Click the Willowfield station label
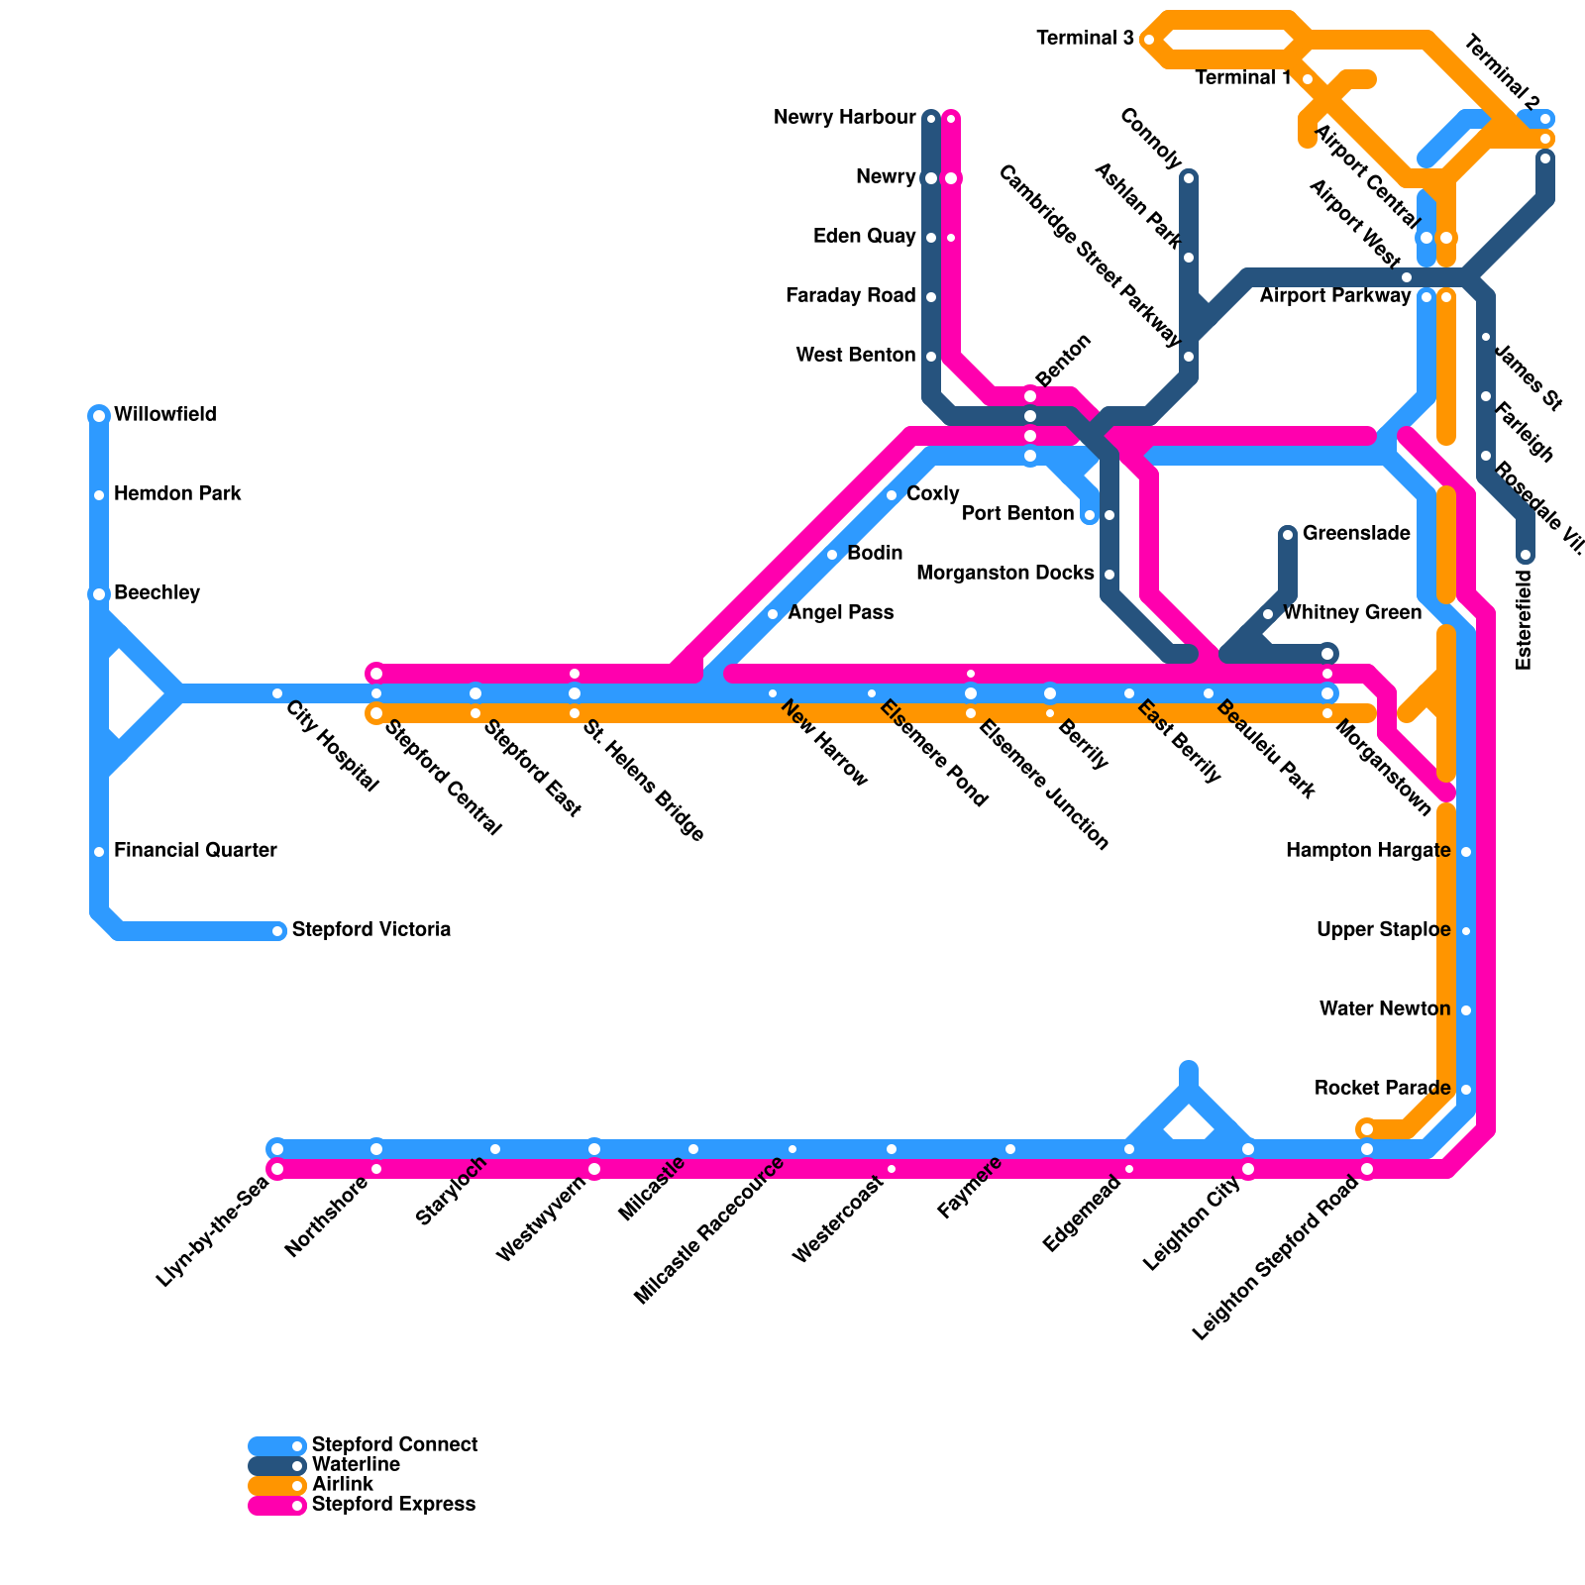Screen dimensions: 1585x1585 coord(164,414)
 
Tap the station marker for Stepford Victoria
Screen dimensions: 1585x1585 coord(277,931)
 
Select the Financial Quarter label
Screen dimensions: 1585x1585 coord(195,850)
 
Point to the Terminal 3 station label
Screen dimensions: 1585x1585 coord(1085,39)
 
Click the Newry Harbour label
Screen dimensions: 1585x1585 coord(844,118)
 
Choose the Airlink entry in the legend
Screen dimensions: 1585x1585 coord(342,1484)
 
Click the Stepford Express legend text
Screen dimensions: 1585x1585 coord(393,1504)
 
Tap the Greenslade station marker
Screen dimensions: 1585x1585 coord(1288,535)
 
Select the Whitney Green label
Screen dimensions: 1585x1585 coord(1351,612)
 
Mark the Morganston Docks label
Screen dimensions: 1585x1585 coord(1004,573)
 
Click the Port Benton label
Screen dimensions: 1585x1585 coord(1017,513)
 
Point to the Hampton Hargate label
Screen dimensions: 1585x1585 coord(1367,850)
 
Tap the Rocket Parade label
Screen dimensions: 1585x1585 coord(1382,1088)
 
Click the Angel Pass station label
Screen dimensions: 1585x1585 coord(840,612)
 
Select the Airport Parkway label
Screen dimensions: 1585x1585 coord(1334,295)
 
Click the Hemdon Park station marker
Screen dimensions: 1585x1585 coord(99,495)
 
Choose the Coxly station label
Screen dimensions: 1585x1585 coord(932,493)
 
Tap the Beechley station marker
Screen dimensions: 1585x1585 coord(99,594)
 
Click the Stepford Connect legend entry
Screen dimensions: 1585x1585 coord(393,1444)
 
